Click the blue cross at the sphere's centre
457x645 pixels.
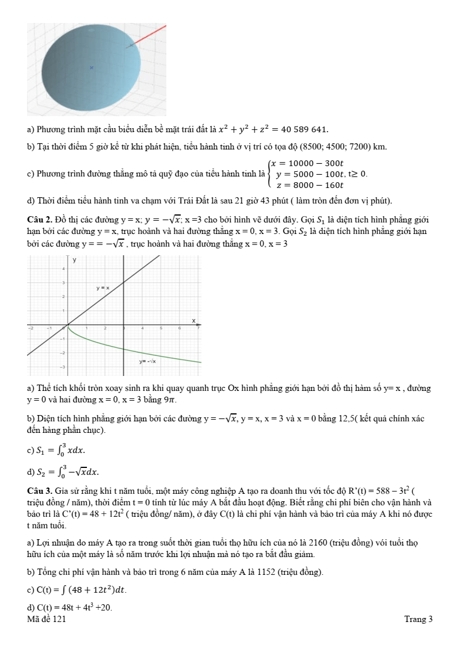pyautogui.click(x=91, y=68)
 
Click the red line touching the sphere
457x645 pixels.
pyautogui.click(x=148, y=34)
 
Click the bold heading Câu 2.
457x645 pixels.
pyautogui.click(x=38, y=220)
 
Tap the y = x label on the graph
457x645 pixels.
pyautogui.click(x=102, y=287)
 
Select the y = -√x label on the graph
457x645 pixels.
pyautogui.click(x=148, y=362)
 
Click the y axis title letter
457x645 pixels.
pyautogui.click(x=74, y=260)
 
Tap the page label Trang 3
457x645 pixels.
pyautogui.click(x=418, y=619)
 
